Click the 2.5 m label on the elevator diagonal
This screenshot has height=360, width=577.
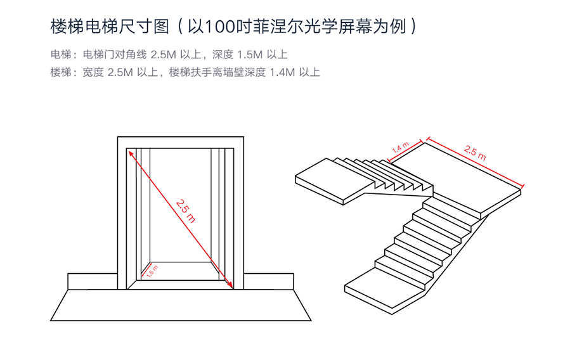(186, 210)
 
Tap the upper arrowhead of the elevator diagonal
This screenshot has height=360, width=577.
(131, 153)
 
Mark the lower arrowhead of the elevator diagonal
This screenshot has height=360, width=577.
(231, 286)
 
